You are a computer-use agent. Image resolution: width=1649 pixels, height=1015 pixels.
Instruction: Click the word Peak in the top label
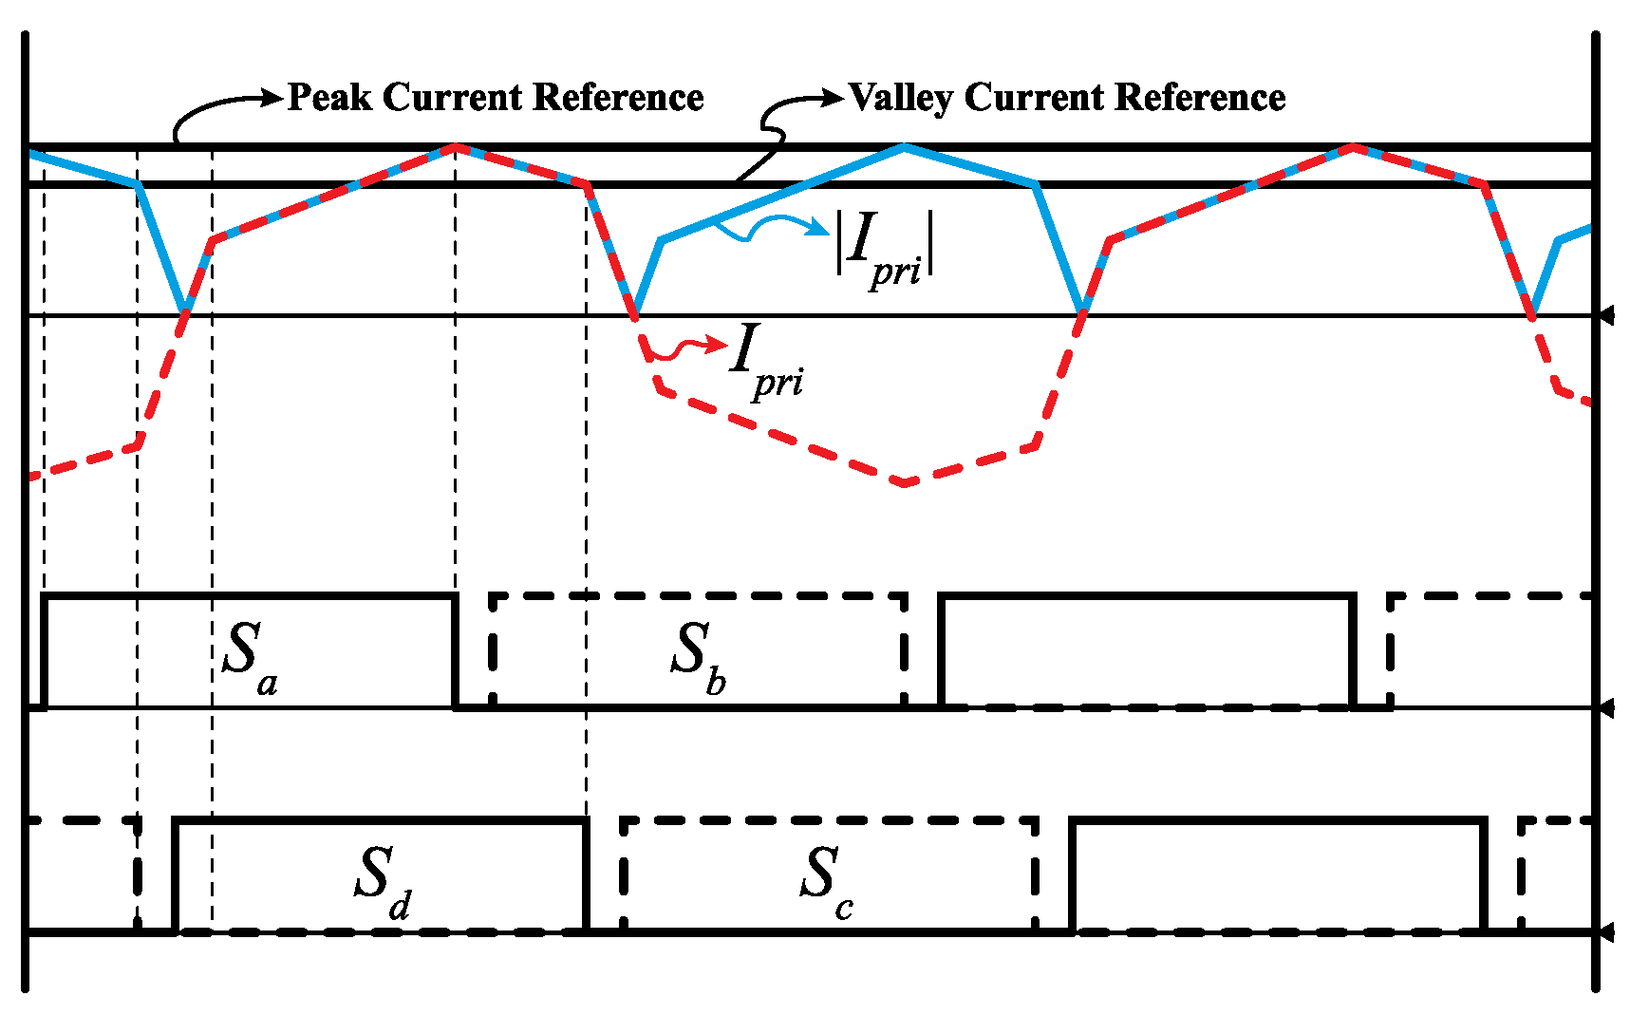pyautogui.click(x=329, y=97)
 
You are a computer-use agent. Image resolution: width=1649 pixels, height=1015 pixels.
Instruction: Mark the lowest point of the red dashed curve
pyautogui.click(x=905, y=483)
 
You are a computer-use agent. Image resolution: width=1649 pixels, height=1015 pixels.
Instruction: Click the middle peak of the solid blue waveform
pyautogui.click(x=904, y=146)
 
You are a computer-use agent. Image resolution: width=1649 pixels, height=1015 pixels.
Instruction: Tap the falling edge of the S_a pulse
pyautogui.click(x=456, y=650)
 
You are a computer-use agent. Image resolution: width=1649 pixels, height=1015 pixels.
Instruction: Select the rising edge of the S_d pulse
pyautogui.click(x=176, y=874)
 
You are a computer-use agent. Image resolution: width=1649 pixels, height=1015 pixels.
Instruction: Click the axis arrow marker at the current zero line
pyautogui.click(x=1604, y=315)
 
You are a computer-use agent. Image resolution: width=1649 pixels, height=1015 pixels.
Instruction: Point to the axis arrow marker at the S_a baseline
pyautogui.click(x=1604, y=707)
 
